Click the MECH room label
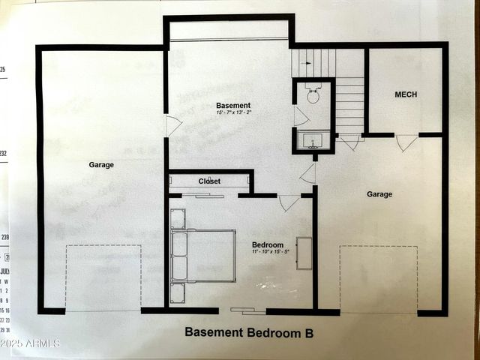tap(406, 94)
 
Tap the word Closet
tap(209, 181)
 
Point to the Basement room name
tap(233, 106)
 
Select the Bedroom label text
tap(268, 245)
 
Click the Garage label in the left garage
tap(101, 165)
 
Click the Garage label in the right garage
tap(379, 194)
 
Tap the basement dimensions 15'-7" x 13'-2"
tap(233, 113)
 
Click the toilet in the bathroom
tap(313, 94)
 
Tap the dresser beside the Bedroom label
tap(304, 253)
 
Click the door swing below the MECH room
tap(406, 142)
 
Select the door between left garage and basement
tap(172, 125)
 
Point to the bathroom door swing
tap(299, 117)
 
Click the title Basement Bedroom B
tap(248, 331)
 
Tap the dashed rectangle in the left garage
tap(103, 277)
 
